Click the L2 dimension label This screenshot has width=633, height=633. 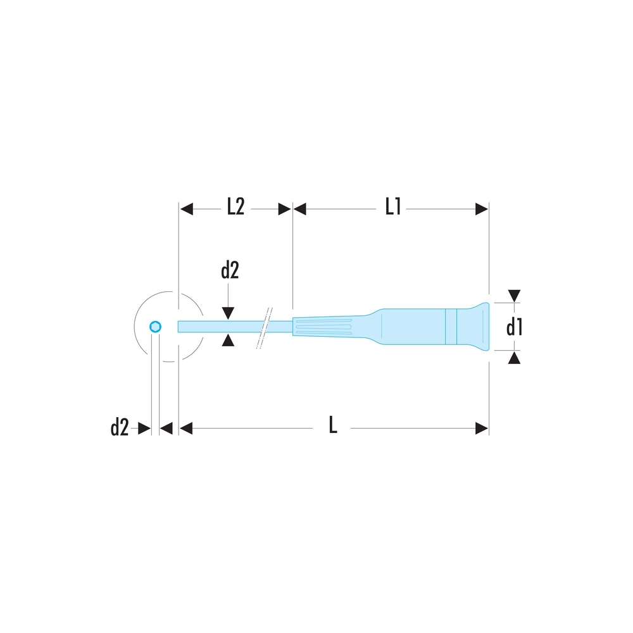click(235, 207)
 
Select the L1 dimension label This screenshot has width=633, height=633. click(392, 207)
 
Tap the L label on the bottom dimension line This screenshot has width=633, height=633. click(333, 426)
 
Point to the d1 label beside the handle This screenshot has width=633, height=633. click(514, 327)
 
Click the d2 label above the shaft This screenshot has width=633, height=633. click(230, 271)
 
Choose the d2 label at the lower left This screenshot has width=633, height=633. click(119, 428)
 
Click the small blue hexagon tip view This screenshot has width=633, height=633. click(155, 327)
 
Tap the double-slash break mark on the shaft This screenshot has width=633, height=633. click(264, 328)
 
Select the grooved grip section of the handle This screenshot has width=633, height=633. click(323, 327)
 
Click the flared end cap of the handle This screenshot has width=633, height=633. click(473, 327)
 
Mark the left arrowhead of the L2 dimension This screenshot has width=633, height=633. click(186, 209)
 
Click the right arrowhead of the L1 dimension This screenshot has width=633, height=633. click(482, 209)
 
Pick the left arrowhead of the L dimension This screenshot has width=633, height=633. click(185, 429)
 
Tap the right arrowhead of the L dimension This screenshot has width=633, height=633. click(482, 429)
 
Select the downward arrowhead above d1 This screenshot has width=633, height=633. click(515, 296)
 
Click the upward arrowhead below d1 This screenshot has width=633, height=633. click(515, 358)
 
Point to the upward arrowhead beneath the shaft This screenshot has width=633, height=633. click(229, 341)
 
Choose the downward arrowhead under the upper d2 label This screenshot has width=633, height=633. click(229, 313)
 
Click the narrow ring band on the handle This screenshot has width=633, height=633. click(451, 327)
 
